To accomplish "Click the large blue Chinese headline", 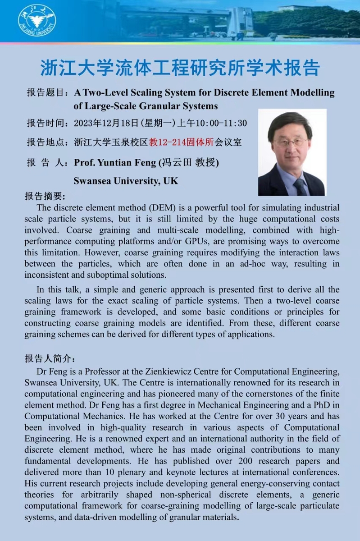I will (180, 67).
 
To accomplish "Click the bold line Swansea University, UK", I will (126, 181).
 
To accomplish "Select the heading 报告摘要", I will (45, 197).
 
